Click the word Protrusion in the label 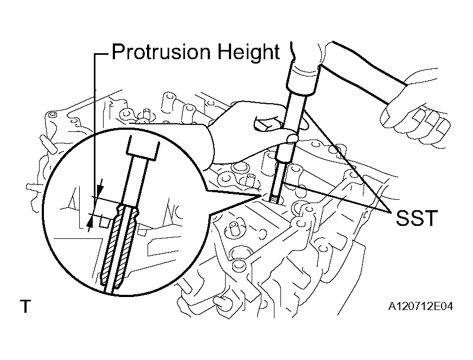tap(161, 52)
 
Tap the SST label tap(416, 218)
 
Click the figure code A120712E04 tap(420, 306)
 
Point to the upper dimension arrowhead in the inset tap(100, 190)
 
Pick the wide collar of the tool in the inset tap(142, 148)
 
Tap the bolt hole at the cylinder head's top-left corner tap(53, 115)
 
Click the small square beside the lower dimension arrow tap(104, 223)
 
